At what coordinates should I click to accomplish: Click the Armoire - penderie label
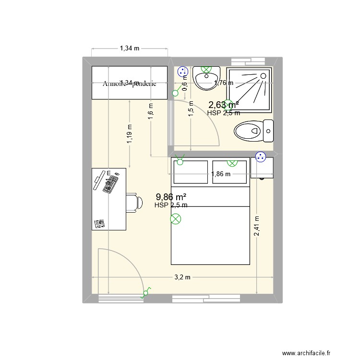[x=130, y=83]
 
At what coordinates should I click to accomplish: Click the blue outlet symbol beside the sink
[x=182, y=72]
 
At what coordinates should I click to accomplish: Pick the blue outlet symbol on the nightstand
[x=261, y=156]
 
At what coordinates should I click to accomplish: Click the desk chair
[x=134, y=202]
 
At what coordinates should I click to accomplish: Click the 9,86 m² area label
[x=171, y=197]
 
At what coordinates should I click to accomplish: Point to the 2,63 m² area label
[x=224, y=105]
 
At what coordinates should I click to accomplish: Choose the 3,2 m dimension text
[x=182, y=277]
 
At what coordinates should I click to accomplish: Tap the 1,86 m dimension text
[x=221, y=174]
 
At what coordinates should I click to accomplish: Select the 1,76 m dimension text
[x=224, y=83]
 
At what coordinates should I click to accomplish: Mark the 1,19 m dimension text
[x=130, y=134]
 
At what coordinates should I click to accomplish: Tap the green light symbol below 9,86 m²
[x=176, y=220]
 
